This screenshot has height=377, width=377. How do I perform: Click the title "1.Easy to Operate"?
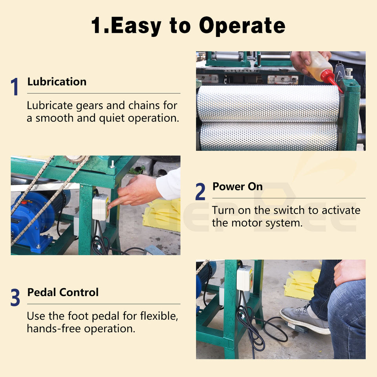click(188, 26)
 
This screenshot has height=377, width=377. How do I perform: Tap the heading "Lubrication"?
click(57, 82)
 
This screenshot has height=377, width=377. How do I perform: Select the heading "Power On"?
click(237, 187)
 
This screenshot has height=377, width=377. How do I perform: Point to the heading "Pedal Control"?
click(63, 292)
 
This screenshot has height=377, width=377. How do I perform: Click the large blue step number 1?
click(15, 86)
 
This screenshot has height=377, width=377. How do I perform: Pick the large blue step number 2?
click(200, 191)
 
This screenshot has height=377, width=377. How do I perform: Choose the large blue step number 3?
click(15, 297)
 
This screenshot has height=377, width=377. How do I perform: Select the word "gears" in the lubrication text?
click(90, 106)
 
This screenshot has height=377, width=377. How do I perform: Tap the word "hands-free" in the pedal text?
click(54, 329)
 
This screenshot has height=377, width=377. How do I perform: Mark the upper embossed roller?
click(268, 103)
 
